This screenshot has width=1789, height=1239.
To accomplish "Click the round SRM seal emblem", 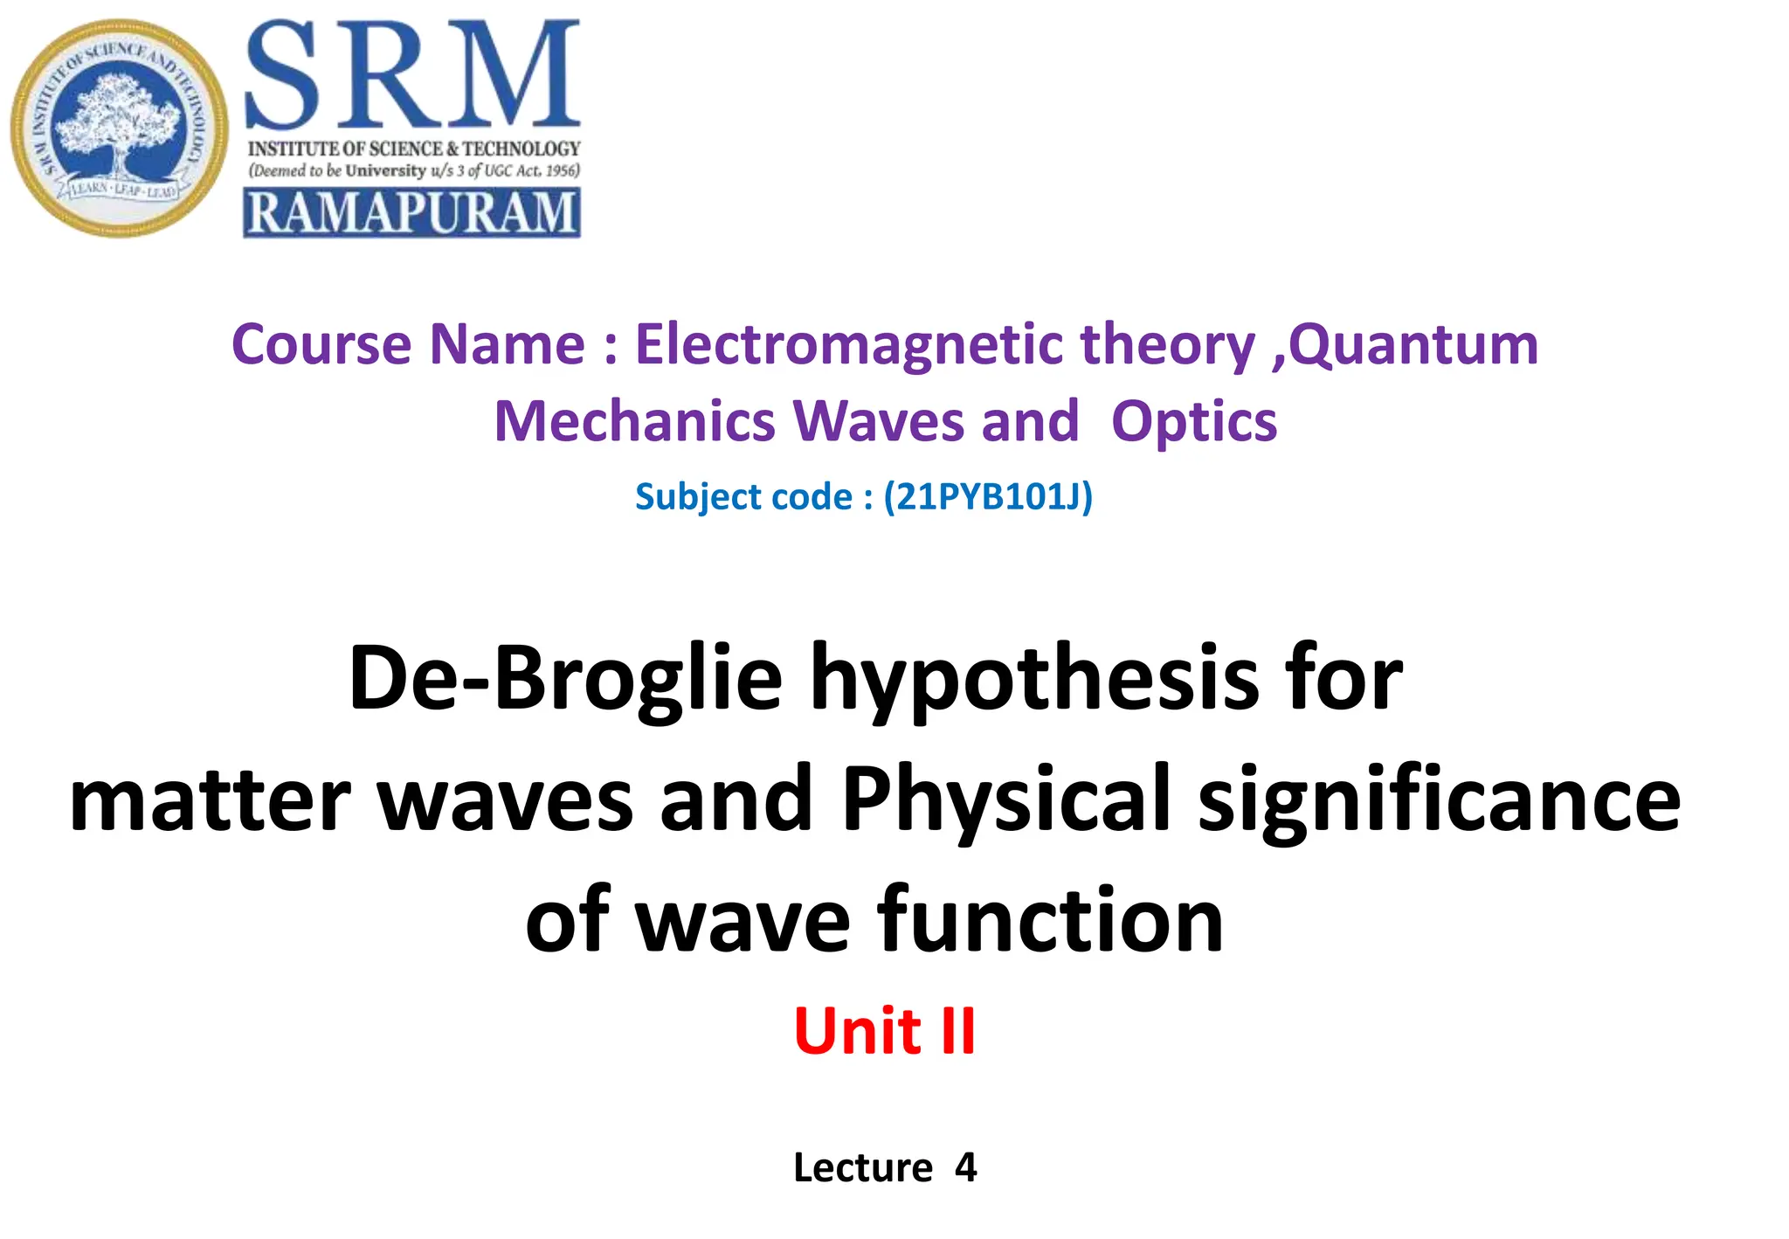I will point(120,128).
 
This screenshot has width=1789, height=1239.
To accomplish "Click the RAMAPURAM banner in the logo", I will point(411,213).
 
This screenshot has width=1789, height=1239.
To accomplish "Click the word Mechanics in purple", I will point(634,421).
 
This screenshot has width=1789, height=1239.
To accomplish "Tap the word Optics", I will point(1193,421).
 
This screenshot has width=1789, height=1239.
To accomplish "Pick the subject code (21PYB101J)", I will point(988,496).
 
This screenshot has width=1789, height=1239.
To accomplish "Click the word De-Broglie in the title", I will point(565,678).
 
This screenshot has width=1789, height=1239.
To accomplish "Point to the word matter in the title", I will point(210,800).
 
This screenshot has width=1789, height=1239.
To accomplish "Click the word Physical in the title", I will point(1005,800).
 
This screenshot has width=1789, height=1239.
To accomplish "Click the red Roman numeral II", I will point(957,1031).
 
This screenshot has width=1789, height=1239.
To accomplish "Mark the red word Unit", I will point(857,1031).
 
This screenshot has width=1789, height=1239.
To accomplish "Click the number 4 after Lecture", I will point(965,1167).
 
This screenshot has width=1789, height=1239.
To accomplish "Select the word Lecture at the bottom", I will point(863,1167).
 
